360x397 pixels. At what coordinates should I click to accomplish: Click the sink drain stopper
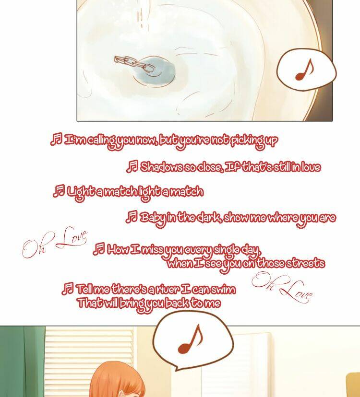155,70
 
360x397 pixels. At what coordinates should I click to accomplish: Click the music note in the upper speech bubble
304,70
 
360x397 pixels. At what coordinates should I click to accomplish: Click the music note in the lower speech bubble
190,339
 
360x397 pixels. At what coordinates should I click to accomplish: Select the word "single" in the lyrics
227,251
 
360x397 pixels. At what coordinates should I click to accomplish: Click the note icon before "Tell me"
68,289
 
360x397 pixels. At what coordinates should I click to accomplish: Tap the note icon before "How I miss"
98,249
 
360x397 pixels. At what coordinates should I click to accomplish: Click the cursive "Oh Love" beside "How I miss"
55,243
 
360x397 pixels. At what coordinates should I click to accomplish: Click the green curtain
22,362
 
